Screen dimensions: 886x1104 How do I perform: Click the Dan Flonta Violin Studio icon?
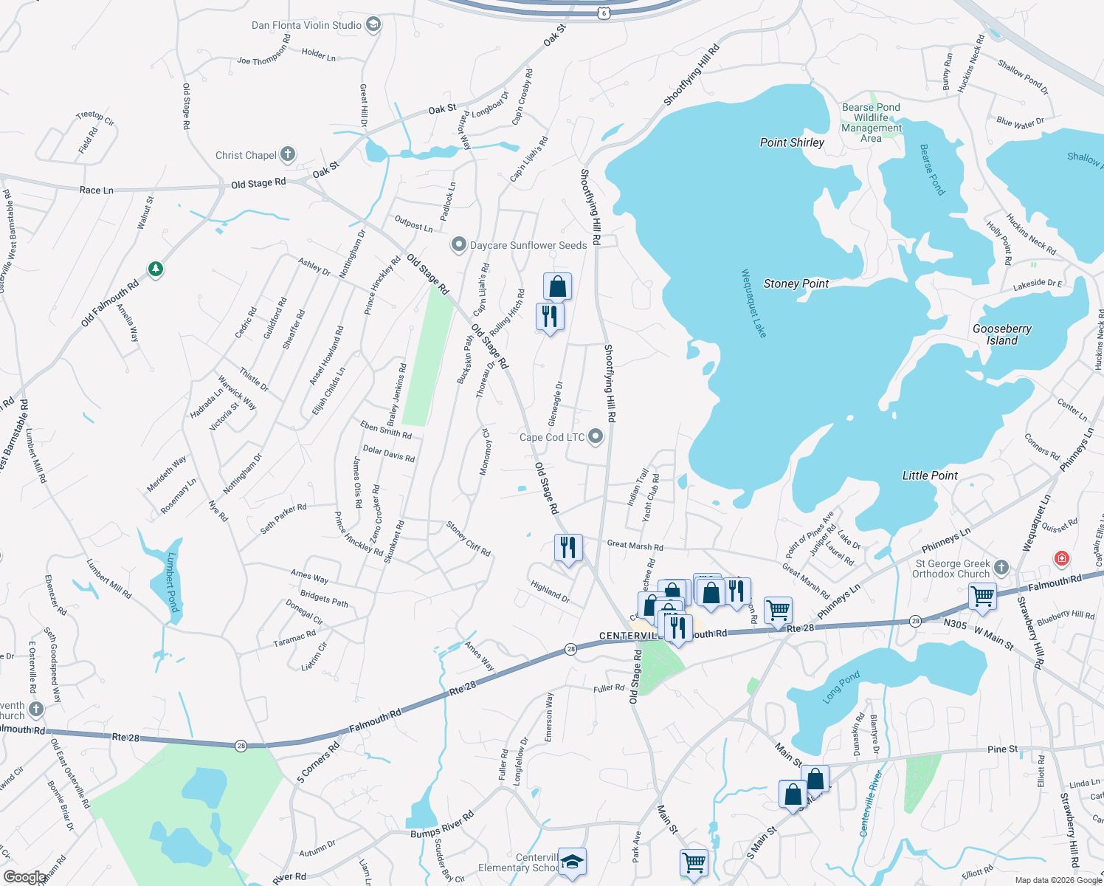[x=373, y=26]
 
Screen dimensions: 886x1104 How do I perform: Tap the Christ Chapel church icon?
[x=288, y=155]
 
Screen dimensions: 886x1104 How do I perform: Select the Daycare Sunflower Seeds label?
[x=528, y=245]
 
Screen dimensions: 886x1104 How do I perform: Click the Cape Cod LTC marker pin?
[x=596, y=437]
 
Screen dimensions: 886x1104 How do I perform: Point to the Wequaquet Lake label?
[x=754, y=303]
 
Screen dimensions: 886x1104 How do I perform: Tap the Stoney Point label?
[x=796, y=284]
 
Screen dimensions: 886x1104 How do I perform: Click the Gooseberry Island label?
[x=1001, y=334]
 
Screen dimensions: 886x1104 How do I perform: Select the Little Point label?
[x=930, y=475]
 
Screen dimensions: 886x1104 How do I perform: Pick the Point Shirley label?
[x=792, y=142]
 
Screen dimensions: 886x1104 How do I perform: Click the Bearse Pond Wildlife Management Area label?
[x=872, y=123]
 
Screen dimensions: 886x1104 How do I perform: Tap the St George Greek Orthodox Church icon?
[x=1001, y=567]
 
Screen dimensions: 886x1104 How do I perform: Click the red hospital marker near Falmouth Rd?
[x=1062, y=559]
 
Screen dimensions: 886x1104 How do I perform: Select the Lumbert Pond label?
[x=173, y=582]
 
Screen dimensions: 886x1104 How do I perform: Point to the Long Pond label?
[x=841, y=687]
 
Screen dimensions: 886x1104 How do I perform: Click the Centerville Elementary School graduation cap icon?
[x=572, y=861]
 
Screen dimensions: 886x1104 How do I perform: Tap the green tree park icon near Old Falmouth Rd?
[x=155, y=269]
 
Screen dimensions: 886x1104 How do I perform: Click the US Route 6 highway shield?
[x=604, y=13]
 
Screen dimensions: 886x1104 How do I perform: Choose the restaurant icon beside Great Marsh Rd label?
[x=567, y=547]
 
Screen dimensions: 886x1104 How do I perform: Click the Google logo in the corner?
[x=24, y=876]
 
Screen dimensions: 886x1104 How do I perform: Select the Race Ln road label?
[x=97, y=190]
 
